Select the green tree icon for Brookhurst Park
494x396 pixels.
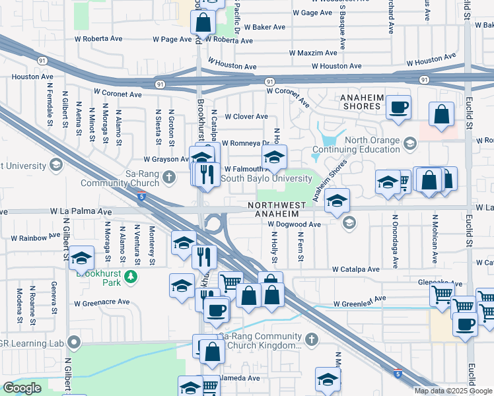[x=132, y=276]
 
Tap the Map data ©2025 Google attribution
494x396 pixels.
[x=452, y=391]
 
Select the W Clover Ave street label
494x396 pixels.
[x=246, y=117]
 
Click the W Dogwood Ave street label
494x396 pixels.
[x=294, y=224]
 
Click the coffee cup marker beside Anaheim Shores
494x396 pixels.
[x=398, y=107]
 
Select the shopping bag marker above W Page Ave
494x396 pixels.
[x=203, y=22]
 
